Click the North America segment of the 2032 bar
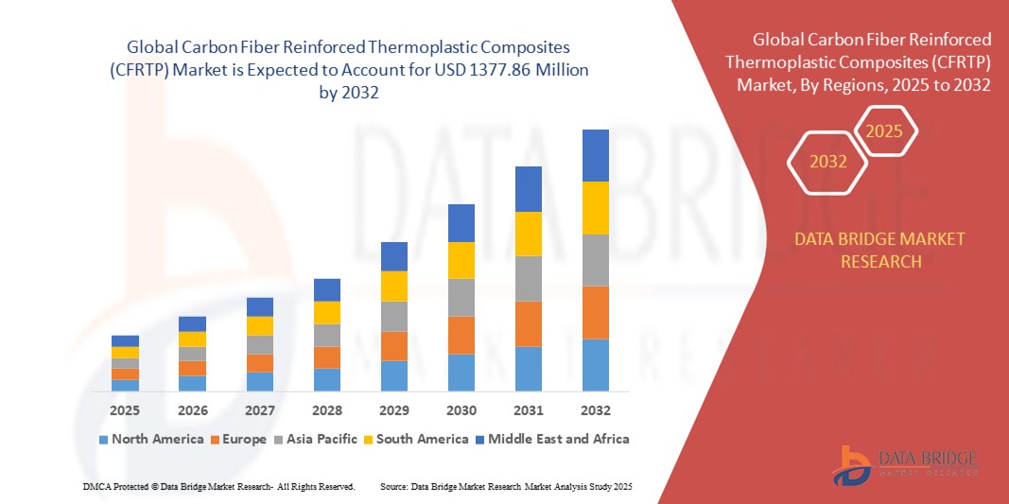point(595,365)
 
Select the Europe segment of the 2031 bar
point(529,323)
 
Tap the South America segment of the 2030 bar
point(461,260)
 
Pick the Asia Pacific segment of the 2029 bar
point(393,316)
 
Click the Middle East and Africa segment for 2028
point(326,289)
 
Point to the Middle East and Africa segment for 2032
point(595,155)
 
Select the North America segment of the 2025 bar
point(125,385)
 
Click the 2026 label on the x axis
point(192,411)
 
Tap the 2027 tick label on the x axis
point(259,411)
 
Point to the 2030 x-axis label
point(461,411)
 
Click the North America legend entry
point(150,439)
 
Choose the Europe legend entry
point(239,439)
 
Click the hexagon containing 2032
point(827,162)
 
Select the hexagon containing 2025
point(884,131)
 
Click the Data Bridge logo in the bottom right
point(904,463)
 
